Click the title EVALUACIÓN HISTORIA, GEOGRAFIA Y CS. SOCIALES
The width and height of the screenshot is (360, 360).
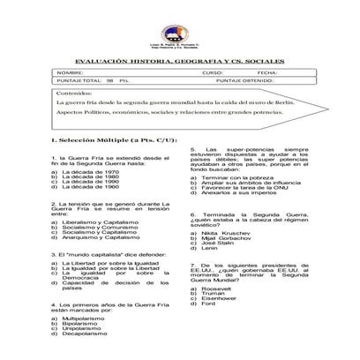[x=180, y=61]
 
